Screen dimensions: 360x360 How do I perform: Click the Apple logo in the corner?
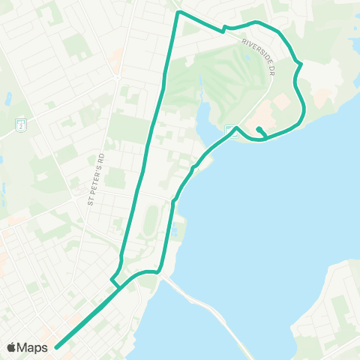pos(12,347)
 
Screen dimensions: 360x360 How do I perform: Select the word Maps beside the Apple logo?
pos(34,347)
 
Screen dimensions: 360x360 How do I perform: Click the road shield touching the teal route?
pos(230,130)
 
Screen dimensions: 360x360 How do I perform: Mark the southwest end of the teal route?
pos(57,347)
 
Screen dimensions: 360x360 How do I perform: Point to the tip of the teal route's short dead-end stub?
pos(258,130)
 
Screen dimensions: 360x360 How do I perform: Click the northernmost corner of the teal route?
pos(178,12)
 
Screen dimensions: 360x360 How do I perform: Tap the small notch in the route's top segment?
pos(224,28)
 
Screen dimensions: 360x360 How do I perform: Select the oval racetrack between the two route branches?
pos(151,220)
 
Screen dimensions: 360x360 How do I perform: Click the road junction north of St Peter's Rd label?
pos(117,76)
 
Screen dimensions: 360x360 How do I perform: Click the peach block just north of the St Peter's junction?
pos(116,55)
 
